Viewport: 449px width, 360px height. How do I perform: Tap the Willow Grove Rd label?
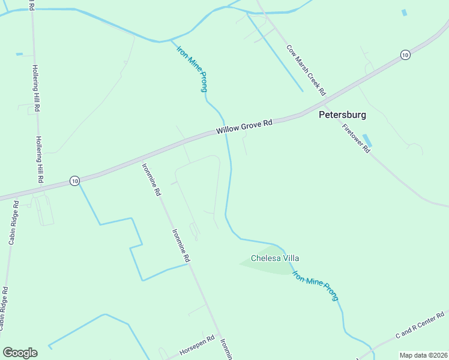coord(244,126)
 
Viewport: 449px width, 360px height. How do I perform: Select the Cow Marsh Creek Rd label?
coord(306,70)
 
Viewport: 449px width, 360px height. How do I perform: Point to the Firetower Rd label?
coord(356,138)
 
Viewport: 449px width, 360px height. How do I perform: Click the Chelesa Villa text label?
coord(275,258)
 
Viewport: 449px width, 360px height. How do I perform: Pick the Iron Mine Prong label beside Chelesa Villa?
coord(315,285)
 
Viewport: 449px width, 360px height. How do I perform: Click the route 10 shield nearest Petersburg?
coord(405,55)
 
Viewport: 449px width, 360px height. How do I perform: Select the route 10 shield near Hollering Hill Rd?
coord(74,181)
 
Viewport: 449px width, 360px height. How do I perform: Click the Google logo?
coord(20,353)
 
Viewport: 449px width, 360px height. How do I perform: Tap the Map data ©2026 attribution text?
coord(423,355)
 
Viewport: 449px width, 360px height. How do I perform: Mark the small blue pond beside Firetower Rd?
coord(367,140)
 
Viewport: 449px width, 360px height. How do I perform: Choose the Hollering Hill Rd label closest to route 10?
coord(40,159)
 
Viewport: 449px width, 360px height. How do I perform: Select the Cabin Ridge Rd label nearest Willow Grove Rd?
coord(13,223)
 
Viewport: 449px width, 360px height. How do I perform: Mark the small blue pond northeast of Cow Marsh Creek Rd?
coord(404,12)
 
